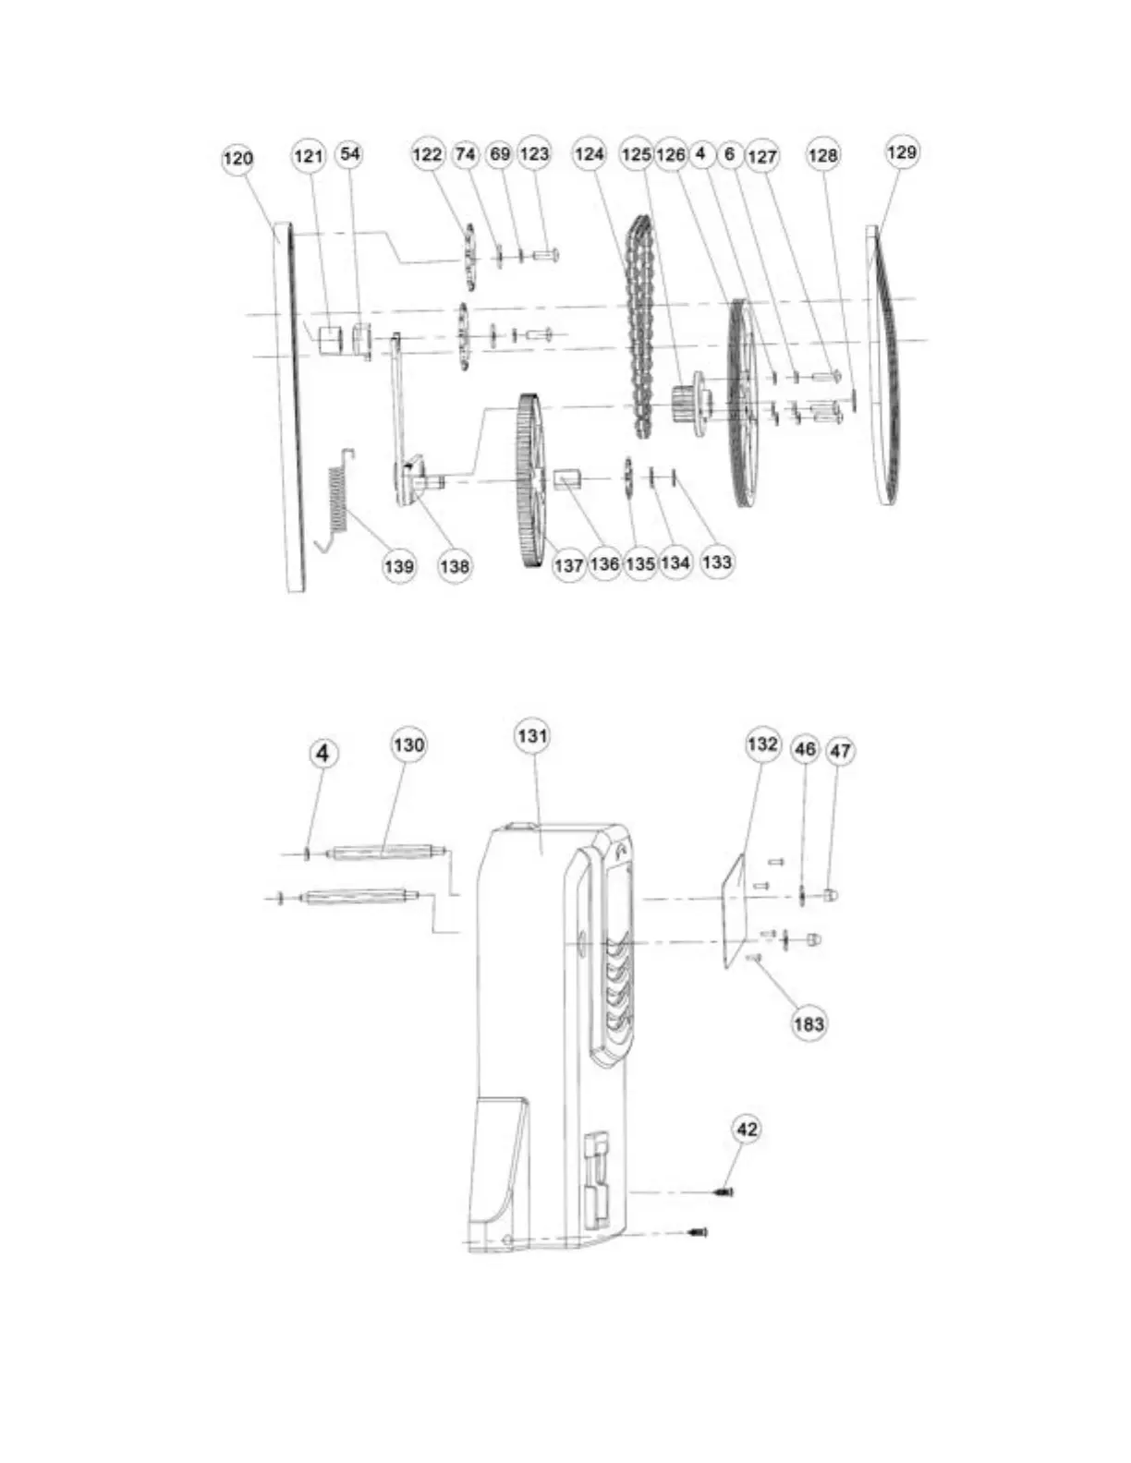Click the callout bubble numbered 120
(237, 159)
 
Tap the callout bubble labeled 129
(901, 152)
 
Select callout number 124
(589, 154)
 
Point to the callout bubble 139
(399, 566)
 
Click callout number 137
(568, 565)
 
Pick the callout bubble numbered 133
(716, 562)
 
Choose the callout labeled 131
(532, 736)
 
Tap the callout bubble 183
(809, 1024)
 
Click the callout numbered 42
(747, 1129)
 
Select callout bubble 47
(841, 751)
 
